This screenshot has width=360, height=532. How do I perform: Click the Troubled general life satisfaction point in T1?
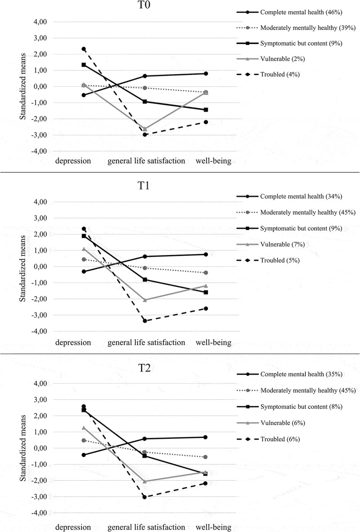pos(145,321)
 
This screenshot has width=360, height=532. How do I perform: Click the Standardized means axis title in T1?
pos(22,266)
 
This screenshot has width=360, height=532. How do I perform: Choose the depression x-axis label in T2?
pos(73,526)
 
